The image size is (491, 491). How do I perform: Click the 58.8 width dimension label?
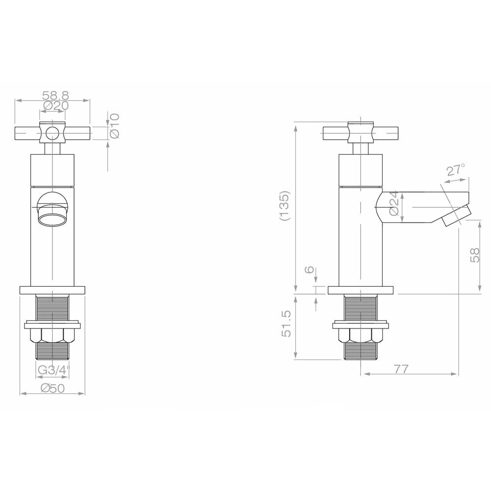click(55, 95)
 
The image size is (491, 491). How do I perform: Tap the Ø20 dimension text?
click(56, 106)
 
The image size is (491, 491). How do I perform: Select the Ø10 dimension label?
click(114, 126)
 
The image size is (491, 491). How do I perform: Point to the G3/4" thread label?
click(53, 370)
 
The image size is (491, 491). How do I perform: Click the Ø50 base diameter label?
click(53, 388)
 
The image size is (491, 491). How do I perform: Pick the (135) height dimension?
click(285, 206)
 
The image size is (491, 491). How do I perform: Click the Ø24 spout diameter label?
click(394, 203)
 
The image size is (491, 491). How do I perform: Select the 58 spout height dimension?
click(475, 255)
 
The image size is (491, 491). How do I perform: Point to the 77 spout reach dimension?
click(402, 369)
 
